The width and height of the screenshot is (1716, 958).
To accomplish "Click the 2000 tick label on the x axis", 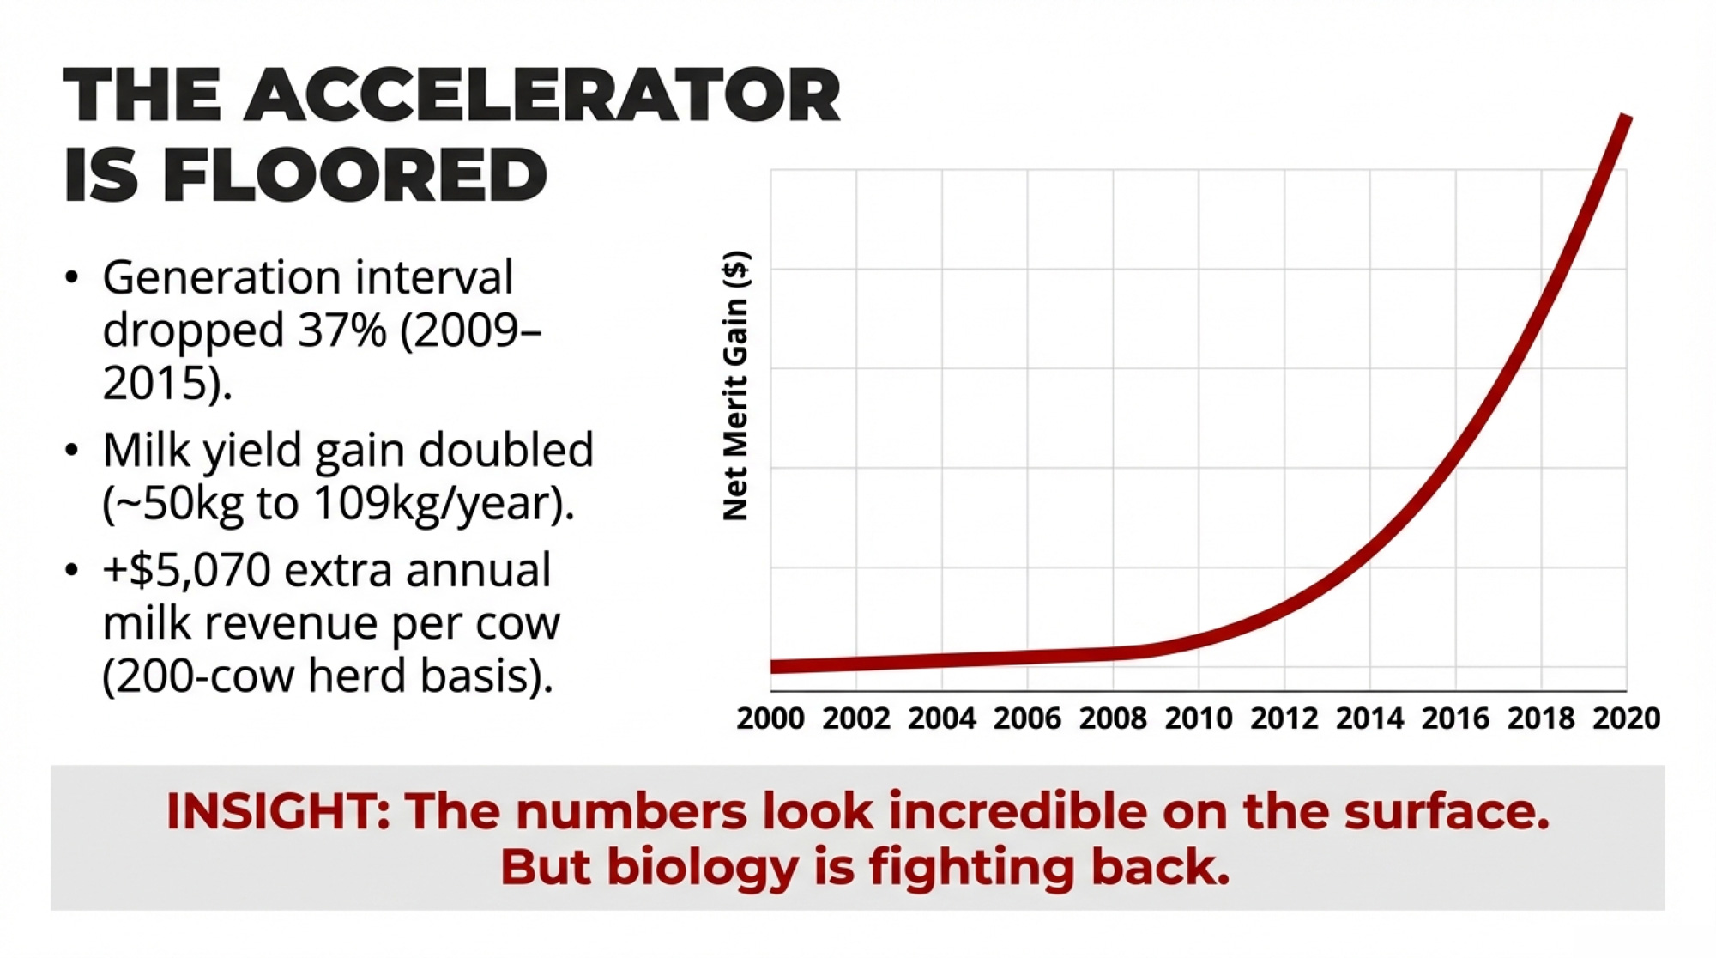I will pos(770,718).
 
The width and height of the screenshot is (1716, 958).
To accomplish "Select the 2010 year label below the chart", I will pos(1198,718).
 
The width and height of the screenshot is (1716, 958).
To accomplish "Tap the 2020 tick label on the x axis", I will pos(1626,718).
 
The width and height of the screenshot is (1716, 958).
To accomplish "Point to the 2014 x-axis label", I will pos(1369,718).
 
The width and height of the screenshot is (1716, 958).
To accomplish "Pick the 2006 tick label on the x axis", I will pos(1027,718).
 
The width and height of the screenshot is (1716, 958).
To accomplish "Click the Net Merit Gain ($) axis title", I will pos(736,385).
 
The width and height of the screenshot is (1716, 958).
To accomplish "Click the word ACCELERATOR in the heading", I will pos(542,96).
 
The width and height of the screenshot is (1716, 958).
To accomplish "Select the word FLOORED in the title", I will pos(354,175).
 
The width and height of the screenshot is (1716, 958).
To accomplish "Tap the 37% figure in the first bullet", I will pos(341,330).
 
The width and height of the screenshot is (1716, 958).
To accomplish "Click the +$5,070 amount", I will pos(187,570).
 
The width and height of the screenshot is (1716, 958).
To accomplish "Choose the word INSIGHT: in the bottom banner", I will pos(278,811).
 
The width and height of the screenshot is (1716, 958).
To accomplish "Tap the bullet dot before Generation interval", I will pos(72,277).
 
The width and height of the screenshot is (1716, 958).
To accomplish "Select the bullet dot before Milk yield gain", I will pos(72,451).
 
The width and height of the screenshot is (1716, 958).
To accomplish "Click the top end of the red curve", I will pos(1624,118).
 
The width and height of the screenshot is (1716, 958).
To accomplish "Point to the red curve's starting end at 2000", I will pos(774,666).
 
